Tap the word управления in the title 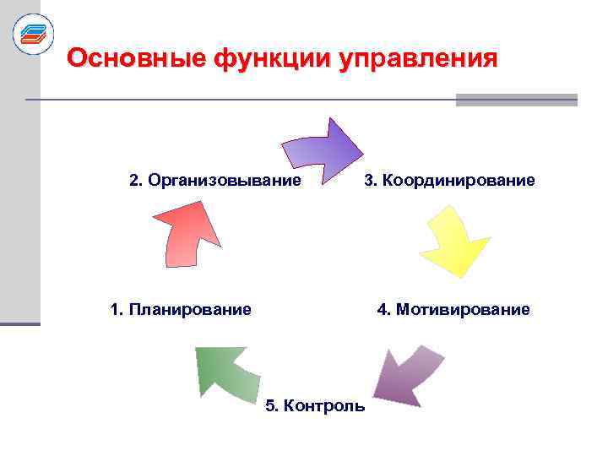(417, 58)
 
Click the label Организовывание (224, 181)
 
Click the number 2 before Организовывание (133, 181)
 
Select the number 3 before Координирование (369, 181)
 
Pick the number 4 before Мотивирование (382, 309)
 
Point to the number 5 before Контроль (270, 406)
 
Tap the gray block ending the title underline (516, 100)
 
